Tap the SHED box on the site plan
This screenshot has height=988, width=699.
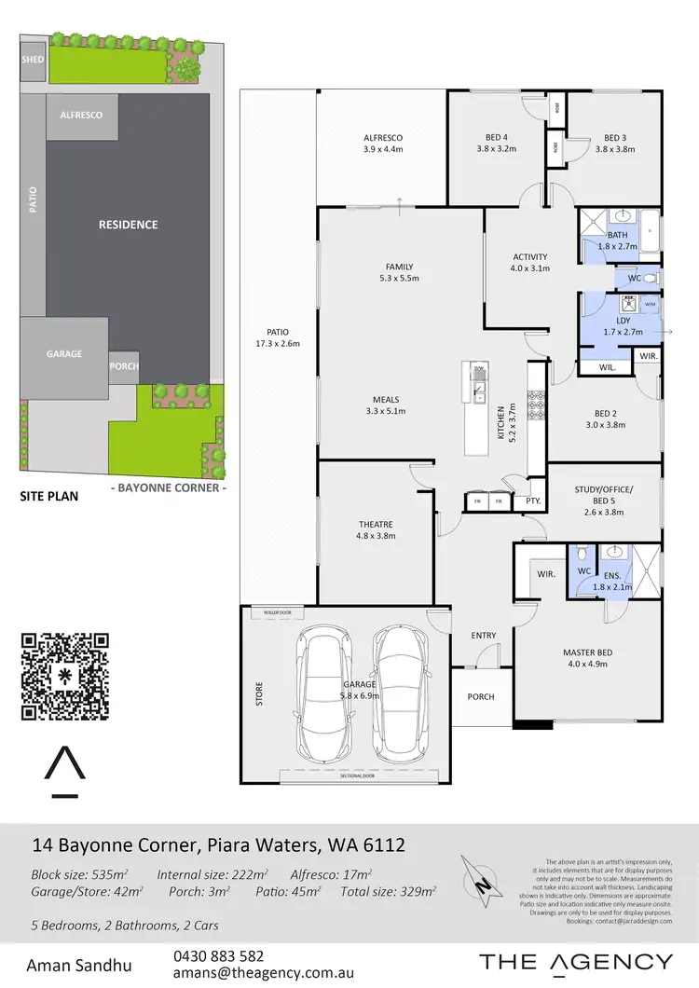tap(33, 59)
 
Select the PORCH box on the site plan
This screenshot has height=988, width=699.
tap(124, 366)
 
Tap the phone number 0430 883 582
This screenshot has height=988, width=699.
tap(219, 956)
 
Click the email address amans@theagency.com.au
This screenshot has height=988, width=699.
tap(264, 972)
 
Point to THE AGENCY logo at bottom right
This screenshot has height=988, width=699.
tap(575, 962)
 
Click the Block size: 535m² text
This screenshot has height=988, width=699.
tap(80, 874)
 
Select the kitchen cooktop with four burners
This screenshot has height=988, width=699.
tap(537, 405)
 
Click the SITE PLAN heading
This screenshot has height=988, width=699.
tap(49, 497)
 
